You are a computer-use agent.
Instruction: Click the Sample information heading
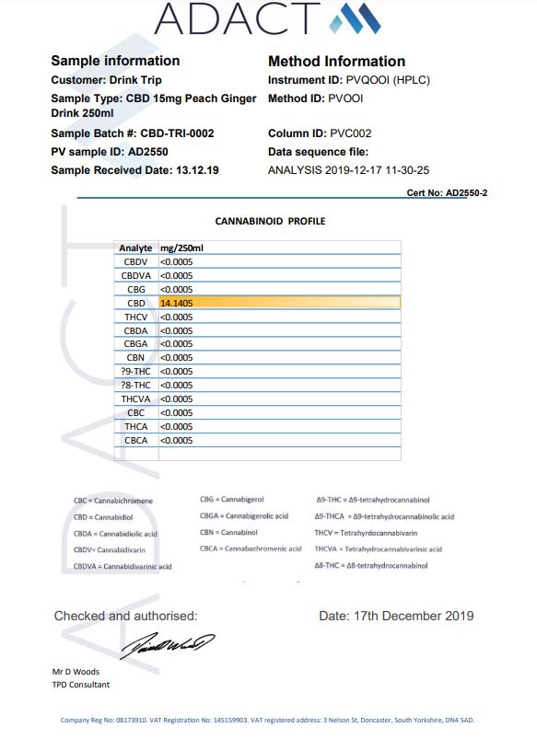point(115,61)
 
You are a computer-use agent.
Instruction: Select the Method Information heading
point(336,62)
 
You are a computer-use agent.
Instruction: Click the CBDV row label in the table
point(136,261)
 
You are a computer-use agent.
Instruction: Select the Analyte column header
point(135,248)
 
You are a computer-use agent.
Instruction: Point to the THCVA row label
point(136,398)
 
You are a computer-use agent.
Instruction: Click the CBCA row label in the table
point(136,440)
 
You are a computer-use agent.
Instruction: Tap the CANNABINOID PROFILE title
point(270,221)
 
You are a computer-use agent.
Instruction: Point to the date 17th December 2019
point(396,616)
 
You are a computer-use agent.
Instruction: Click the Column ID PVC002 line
point(320,133)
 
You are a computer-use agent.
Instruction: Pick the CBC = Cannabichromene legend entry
point(113,501)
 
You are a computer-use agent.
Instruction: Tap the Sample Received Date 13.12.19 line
point(134,170)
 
